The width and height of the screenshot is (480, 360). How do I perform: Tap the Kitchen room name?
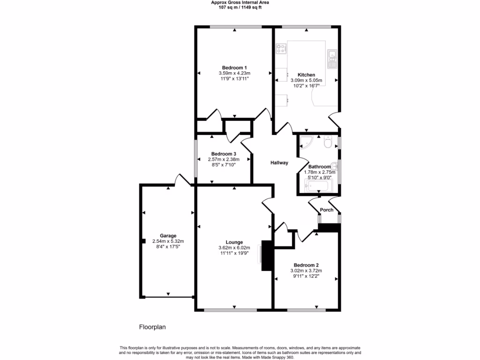click(306, 75)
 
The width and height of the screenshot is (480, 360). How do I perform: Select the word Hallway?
click(279, 163)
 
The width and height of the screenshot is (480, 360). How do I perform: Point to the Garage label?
click(168, 235)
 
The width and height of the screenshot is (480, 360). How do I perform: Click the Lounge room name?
click(234, 242)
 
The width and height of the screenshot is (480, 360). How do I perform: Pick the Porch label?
click(326, 210)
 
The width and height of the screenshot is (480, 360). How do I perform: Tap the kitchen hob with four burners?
click(281, 47)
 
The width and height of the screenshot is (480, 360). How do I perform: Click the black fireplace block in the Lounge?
click(267, 255)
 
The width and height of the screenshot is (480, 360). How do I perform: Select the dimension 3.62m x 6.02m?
click(234, 247)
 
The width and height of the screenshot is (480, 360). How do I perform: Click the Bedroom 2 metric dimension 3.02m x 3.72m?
click(307, 270)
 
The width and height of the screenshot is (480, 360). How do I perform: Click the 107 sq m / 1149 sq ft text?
click(240, 7)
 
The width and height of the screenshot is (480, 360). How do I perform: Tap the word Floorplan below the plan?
click(152, 327)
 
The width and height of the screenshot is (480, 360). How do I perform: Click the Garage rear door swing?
click(180, 180)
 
